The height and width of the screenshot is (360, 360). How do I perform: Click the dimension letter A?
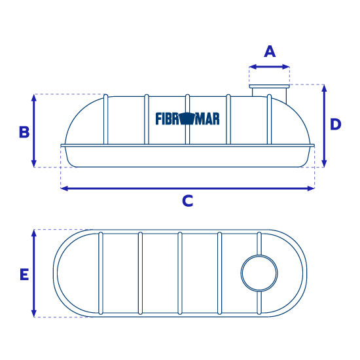[270, 52]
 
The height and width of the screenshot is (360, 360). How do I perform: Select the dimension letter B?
[24, 132]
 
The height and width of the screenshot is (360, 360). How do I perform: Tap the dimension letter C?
[188, 201]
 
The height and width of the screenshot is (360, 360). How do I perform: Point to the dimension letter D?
[335, 124]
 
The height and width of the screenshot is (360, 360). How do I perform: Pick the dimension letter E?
[24, 274]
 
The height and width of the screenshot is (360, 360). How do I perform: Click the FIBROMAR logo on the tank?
[188, 118]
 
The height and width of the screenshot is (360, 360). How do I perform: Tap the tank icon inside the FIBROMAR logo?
[187, 118]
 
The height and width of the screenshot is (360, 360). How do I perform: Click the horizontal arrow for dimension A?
[269, 67]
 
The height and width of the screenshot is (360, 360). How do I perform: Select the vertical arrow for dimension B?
[34, 131]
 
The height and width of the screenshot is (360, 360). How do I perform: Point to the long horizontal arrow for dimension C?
[188, 189]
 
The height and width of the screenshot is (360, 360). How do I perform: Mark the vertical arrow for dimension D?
[324, 126]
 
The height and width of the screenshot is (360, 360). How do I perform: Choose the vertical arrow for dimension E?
[34, 273]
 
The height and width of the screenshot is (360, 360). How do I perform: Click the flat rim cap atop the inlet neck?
[269, 86]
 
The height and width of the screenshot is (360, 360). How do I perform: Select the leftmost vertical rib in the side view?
[106, 119]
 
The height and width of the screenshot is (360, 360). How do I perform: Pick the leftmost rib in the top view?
[101, 273]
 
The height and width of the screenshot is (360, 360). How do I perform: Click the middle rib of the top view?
[180, 273]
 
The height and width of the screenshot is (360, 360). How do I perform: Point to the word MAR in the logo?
[207, 119]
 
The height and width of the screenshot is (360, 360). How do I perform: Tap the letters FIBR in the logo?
[168, 118]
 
